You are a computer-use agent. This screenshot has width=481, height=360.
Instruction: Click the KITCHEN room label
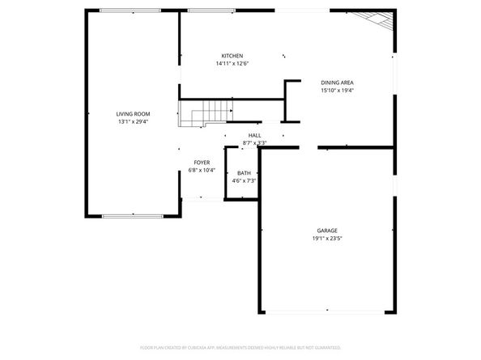(232, 56)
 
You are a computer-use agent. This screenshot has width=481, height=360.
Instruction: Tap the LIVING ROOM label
(133, 114)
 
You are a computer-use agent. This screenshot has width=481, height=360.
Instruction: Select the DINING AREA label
(337, 83)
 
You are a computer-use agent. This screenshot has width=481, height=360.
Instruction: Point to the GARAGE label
(327, 231)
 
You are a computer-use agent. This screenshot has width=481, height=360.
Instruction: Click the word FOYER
(202, 163)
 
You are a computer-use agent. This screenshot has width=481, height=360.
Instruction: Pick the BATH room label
(244, 173)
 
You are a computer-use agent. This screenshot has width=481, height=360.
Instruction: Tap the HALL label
(254, 135)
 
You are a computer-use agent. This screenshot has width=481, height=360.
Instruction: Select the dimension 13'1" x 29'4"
(133, 123)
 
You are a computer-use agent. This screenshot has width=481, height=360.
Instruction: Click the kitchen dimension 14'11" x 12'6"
(232, 64)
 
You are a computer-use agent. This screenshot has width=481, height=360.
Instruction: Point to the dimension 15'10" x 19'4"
(337, 91)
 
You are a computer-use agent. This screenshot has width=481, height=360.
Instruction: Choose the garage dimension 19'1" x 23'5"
(327, 239)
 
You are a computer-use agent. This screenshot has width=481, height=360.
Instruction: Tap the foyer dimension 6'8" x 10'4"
(202, 171)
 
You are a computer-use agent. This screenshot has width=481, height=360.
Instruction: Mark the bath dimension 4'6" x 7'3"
(244, 181)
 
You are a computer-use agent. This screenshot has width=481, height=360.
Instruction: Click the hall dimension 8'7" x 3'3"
(254, 143)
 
